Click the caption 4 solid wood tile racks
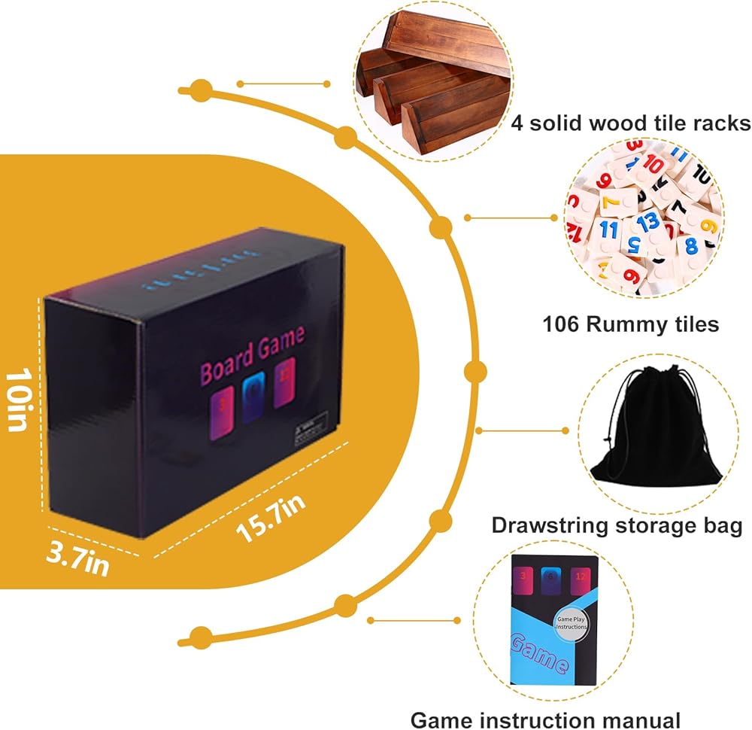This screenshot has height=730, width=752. pos(630,123)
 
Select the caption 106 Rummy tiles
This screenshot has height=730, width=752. pos(630,324)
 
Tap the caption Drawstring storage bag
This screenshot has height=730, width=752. pos(617,525)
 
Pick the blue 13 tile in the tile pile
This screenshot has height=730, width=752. pos(648,222)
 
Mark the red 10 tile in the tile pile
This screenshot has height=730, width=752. pos(653,163)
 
